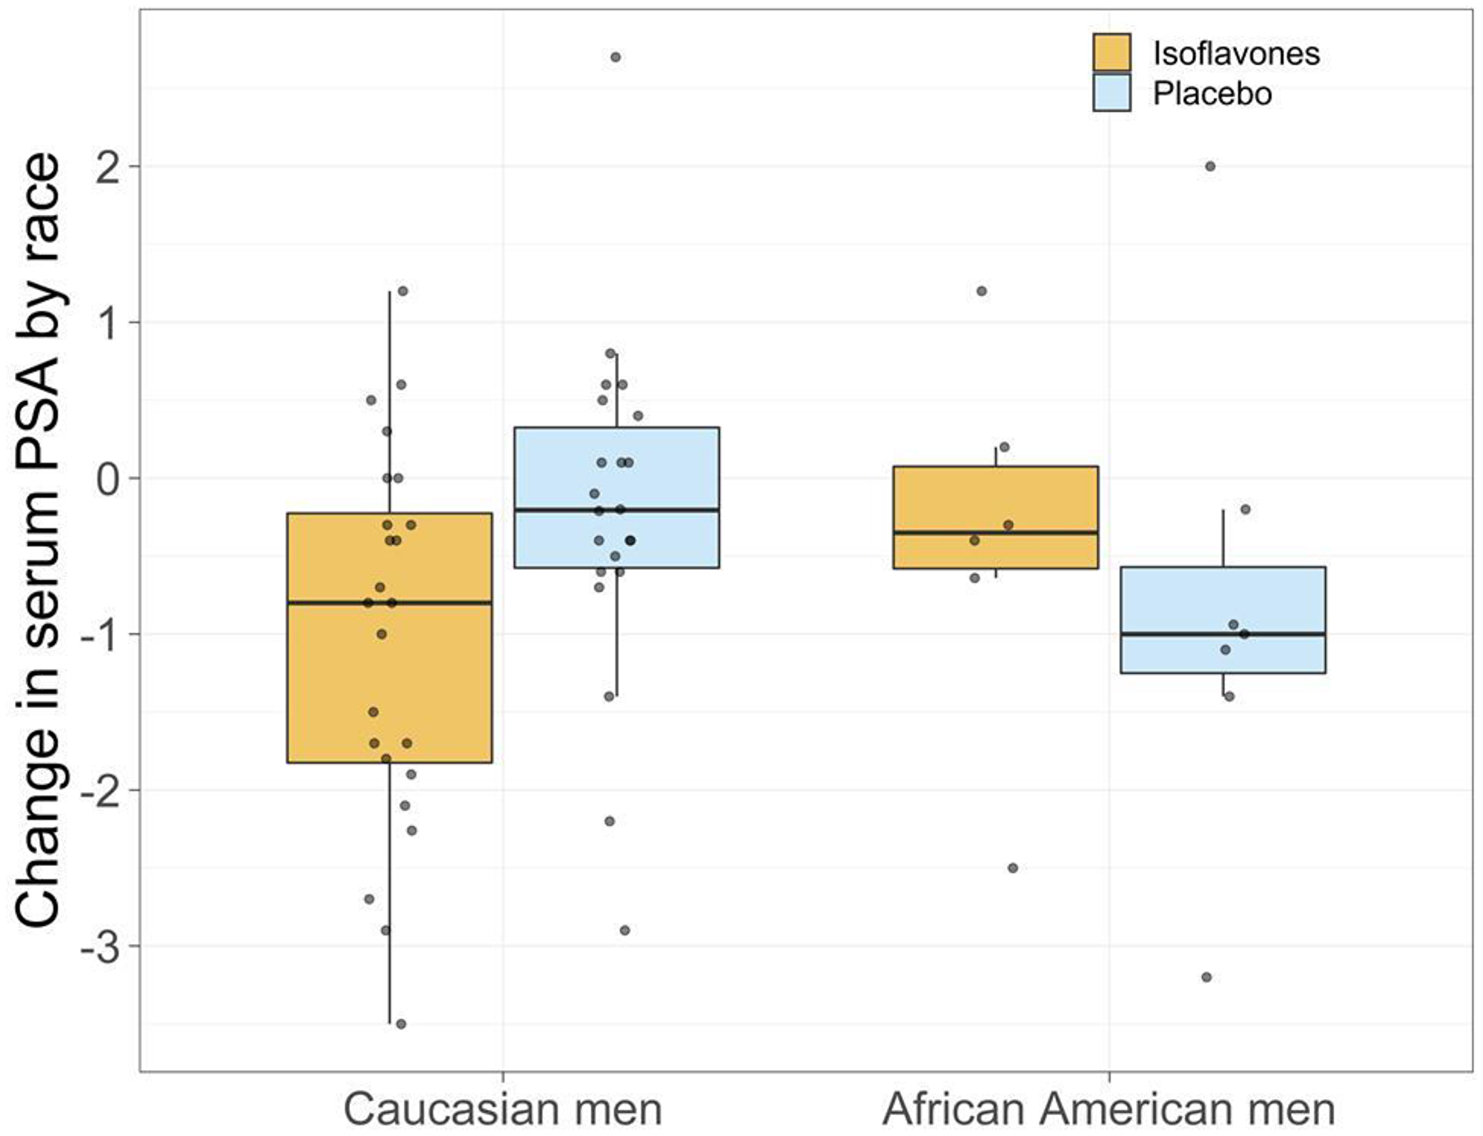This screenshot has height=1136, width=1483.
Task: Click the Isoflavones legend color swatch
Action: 1112,53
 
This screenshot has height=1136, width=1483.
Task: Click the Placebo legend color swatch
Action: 1112,93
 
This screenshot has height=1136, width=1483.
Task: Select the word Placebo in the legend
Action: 1212,94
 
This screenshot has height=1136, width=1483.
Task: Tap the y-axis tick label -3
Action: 101,948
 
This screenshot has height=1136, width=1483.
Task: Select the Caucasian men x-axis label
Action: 502,1109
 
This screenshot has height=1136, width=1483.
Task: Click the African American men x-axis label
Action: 1108,1109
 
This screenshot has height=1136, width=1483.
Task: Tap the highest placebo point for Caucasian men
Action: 615,57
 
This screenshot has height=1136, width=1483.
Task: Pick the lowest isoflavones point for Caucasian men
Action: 400,1024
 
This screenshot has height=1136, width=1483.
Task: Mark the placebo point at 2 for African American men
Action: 1210,167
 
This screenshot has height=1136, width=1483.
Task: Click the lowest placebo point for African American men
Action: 1206,977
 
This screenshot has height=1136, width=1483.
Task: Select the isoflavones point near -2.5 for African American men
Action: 1013,868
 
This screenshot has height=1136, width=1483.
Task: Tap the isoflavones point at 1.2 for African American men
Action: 982,291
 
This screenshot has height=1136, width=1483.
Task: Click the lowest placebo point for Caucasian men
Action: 624,931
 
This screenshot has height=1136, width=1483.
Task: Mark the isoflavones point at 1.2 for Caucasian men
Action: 403,291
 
